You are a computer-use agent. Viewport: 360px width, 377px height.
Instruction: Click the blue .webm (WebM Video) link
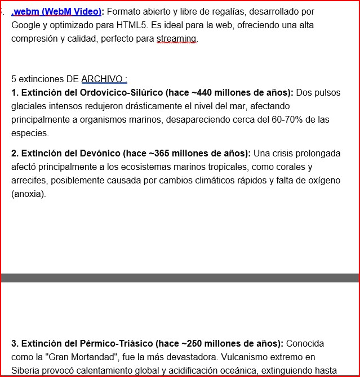(57, 12)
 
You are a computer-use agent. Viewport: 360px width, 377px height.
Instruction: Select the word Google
(26, 25)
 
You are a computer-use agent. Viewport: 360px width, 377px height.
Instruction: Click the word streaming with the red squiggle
(177, 39)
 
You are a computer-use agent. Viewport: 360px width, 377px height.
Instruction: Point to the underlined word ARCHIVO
(104, 79)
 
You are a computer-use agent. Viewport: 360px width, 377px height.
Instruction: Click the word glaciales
(29, 106)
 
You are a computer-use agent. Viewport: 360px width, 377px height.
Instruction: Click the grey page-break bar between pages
(180, 278)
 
